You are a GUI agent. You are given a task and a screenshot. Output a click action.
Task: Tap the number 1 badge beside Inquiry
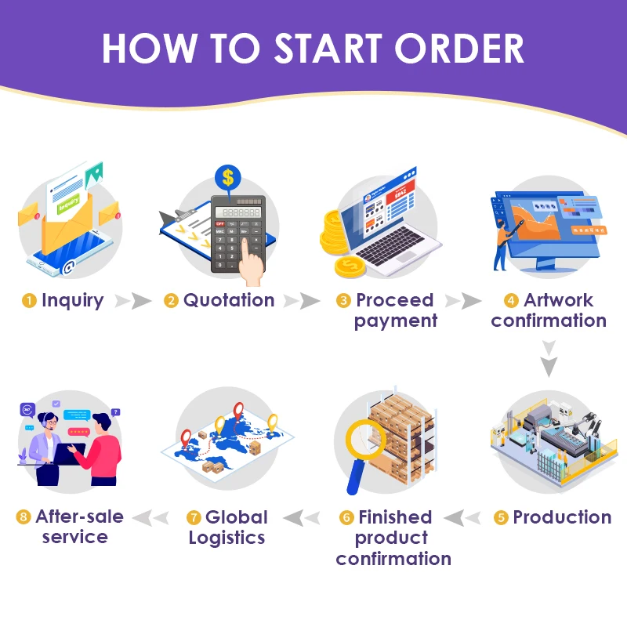[30, 301]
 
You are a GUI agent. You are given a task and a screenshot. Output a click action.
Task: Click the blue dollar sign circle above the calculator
[228, 177]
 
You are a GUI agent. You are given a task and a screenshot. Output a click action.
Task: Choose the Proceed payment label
[395, 310]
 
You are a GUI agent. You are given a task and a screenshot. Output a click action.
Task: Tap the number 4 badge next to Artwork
[512, 301]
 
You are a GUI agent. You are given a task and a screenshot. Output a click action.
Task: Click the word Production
[562, 517]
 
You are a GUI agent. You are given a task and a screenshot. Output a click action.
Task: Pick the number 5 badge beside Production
[502, 518]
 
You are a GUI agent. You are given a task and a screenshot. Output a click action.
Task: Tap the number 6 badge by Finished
[346, 518]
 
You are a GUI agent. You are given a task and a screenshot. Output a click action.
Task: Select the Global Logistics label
[227, 527]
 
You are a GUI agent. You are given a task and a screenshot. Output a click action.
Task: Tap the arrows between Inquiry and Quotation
[132, 301]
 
